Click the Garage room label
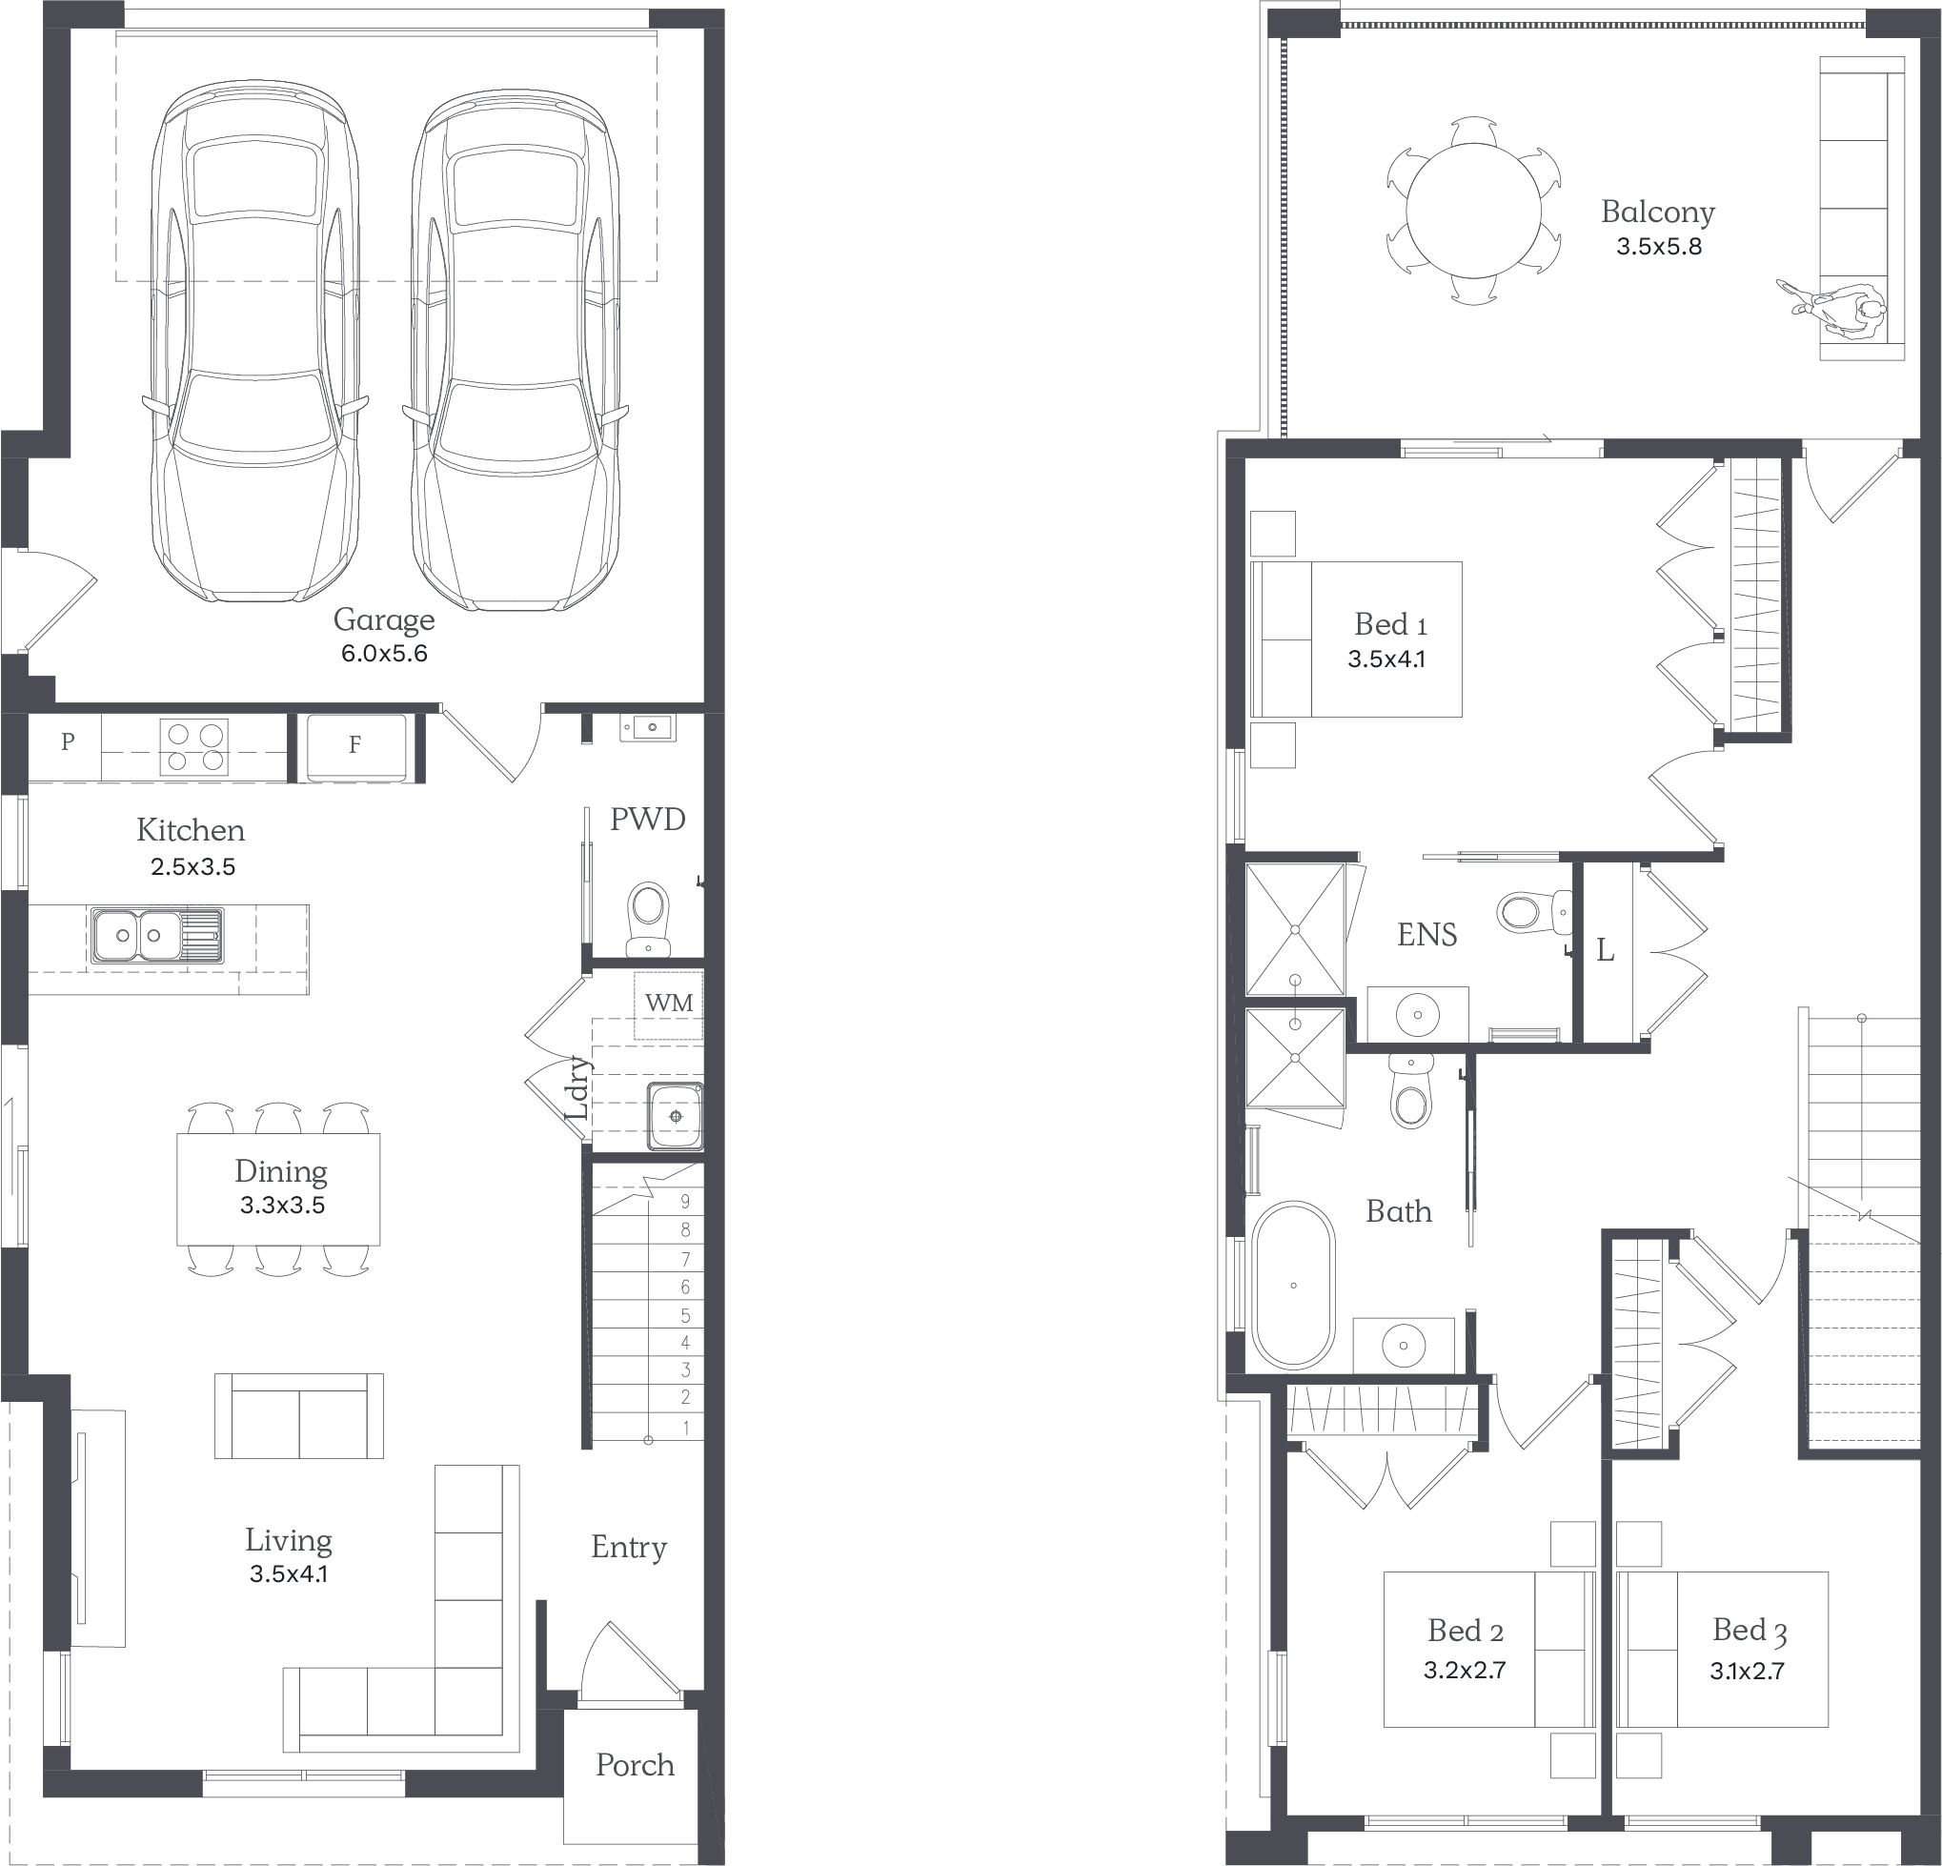coord(383,620)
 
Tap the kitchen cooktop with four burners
coord(194,747)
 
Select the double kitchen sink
coord(156,935)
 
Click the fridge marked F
coord(355,747)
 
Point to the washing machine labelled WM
coord(669,1004)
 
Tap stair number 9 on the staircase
coord(684,1201)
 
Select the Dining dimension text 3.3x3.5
coord(282,1205)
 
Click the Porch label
coord(636,1764)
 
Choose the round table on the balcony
coord(1473,211)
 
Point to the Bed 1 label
coord(1390,624)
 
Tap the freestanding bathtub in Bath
coord(1293,1286)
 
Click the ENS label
coord(1426,935)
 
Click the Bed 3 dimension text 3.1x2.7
coord(1747,1671)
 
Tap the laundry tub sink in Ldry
coord(676,1116)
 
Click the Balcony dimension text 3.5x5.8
coord(1659,247)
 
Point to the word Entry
coord(628,1547)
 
